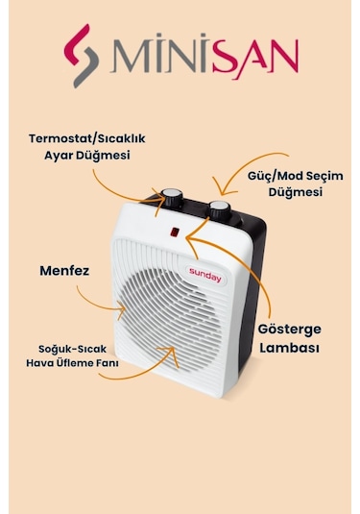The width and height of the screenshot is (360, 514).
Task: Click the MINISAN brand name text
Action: (204, 59)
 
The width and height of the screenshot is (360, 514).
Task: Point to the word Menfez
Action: (65, 271)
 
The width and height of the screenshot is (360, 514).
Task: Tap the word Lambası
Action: (289, 347)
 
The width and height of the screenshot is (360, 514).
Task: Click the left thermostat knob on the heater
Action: (173, 196)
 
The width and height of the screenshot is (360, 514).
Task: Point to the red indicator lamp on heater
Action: (174, 232)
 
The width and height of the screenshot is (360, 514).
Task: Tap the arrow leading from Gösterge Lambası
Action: (230, 274)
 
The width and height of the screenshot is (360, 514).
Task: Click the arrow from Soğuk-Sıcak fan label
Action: (134, 368)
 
